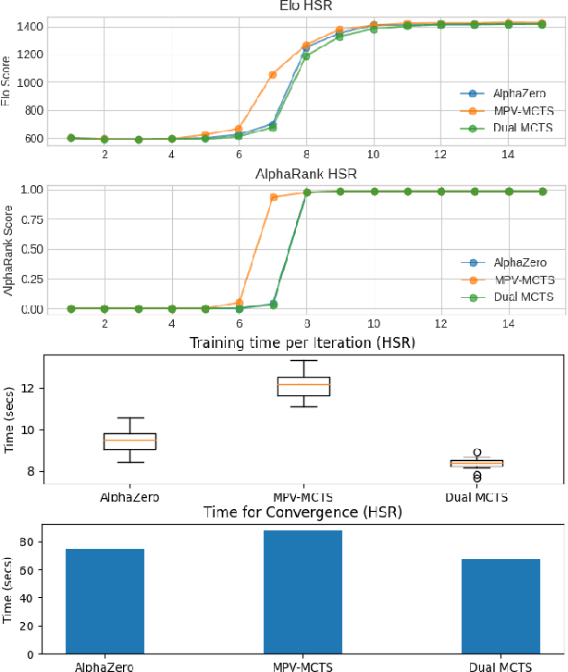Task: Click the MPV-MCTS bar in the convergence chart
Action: click(x=303, y=592)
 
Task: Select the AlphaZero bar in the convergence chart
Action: click(x=105, y=602)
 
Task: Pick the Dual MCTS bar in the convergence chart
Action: click(x=500, y=606)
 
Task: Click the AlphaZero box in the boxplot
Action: click(x=130, y=441)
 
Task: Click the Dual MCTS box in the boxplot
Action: click(x=476, y=463)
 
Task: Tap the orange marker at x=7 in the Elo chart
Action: click(x=273, y=74)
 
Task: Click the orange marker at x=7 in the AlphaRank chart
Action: click(x=273, y=197)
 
